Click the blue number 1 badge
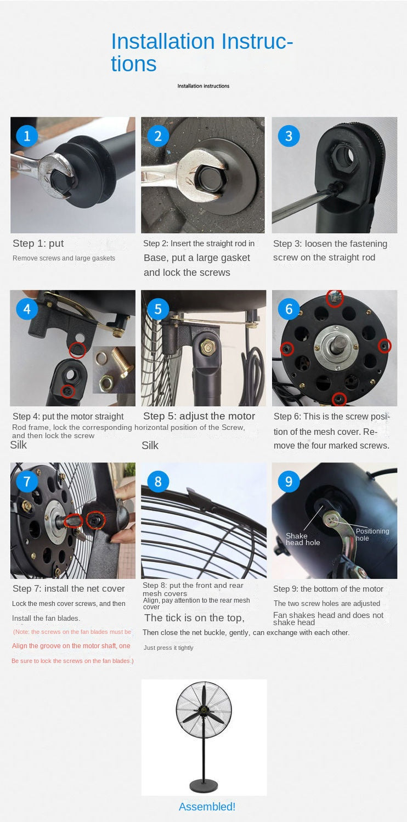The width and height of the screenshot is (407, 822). point(27,136)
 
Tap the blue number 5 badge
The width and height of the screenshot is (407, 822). point(158,309)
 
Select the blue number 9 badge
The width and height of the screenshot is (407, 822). point(289,481)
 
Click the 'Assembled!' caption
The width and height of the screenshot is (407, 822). point(207,807)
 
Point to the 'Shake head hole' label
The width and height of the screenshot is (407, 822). point(303,539)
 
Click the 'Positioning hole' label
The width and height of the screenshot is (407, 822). point(372,535)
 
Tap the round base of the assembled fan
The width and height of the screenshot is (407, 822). point(203,785)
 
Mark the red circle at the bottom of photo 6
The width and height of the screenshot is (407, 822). point(339,398)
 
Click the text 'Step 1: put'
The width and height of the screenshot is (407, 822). point(38,243)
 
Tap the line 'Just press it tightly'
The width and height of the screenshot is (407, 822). point(168,648)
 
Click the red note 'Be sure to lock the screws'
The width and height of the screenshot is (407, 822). point(72,661)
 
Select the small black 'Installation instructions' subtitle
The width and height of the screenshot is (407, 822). point(203,86)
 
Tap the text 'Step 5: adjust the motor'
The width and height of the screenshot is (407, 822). point(199,416)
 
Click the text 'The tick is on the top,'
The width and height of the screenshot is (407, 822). point(194,618)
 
